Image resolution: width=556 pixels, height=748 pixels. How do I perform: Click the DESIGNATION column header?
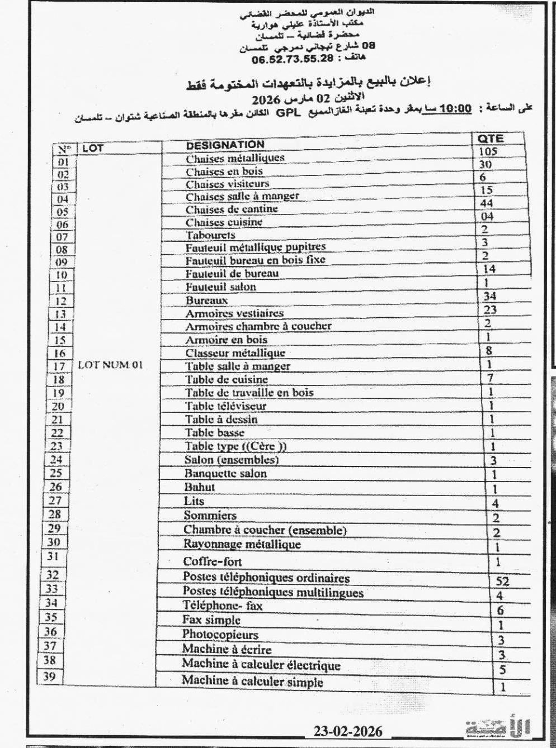225,145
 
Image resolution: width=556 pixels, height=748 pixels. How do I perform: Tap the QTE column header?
491,139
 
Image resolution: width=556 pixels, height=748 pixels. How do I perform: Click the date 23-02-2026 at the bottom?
348,731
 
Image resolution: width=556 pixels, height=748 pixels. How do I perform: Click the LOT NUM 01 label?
110,365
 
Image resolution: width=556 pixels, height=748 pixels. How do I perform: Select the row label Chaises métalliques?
235,158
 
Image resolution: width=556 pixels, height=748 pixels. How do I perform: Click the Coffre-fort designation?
213,561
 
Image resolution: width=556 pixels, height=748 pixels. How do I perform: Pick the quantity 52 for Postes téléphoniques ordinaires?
502,581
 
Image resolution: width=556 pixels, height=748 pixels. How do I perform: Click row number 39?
50,676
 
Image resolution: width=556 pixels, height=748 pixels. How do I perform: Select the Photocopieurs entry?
220,635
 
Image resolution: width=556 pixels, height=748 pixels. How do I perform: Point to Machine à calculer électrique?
261,665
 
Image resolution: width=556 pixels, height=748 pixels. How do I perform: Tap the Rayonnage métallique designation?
242,544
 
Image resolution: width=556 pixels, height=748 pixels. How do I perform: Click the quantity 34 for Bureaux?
490,296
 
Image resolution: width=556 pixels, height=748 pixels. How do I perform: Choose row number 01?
63,162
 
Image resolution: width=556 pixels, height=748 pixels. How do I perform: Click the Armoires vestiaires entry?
234,313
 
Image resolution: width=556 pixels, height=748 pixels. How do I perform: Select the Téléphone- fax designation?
222,606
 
